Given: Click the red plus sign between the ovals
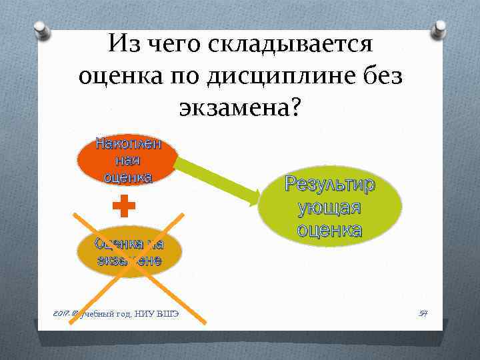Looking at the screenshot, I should click(123, 207).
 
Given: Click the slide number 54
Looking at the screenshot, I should click(421, 313).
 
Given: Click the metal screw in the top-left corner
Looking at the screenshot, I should click(39, 30).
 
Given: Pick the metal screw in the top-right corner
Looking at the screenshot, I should click(439, 30).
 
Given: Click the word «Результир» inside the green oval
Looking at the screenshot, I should click(330, 184).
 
